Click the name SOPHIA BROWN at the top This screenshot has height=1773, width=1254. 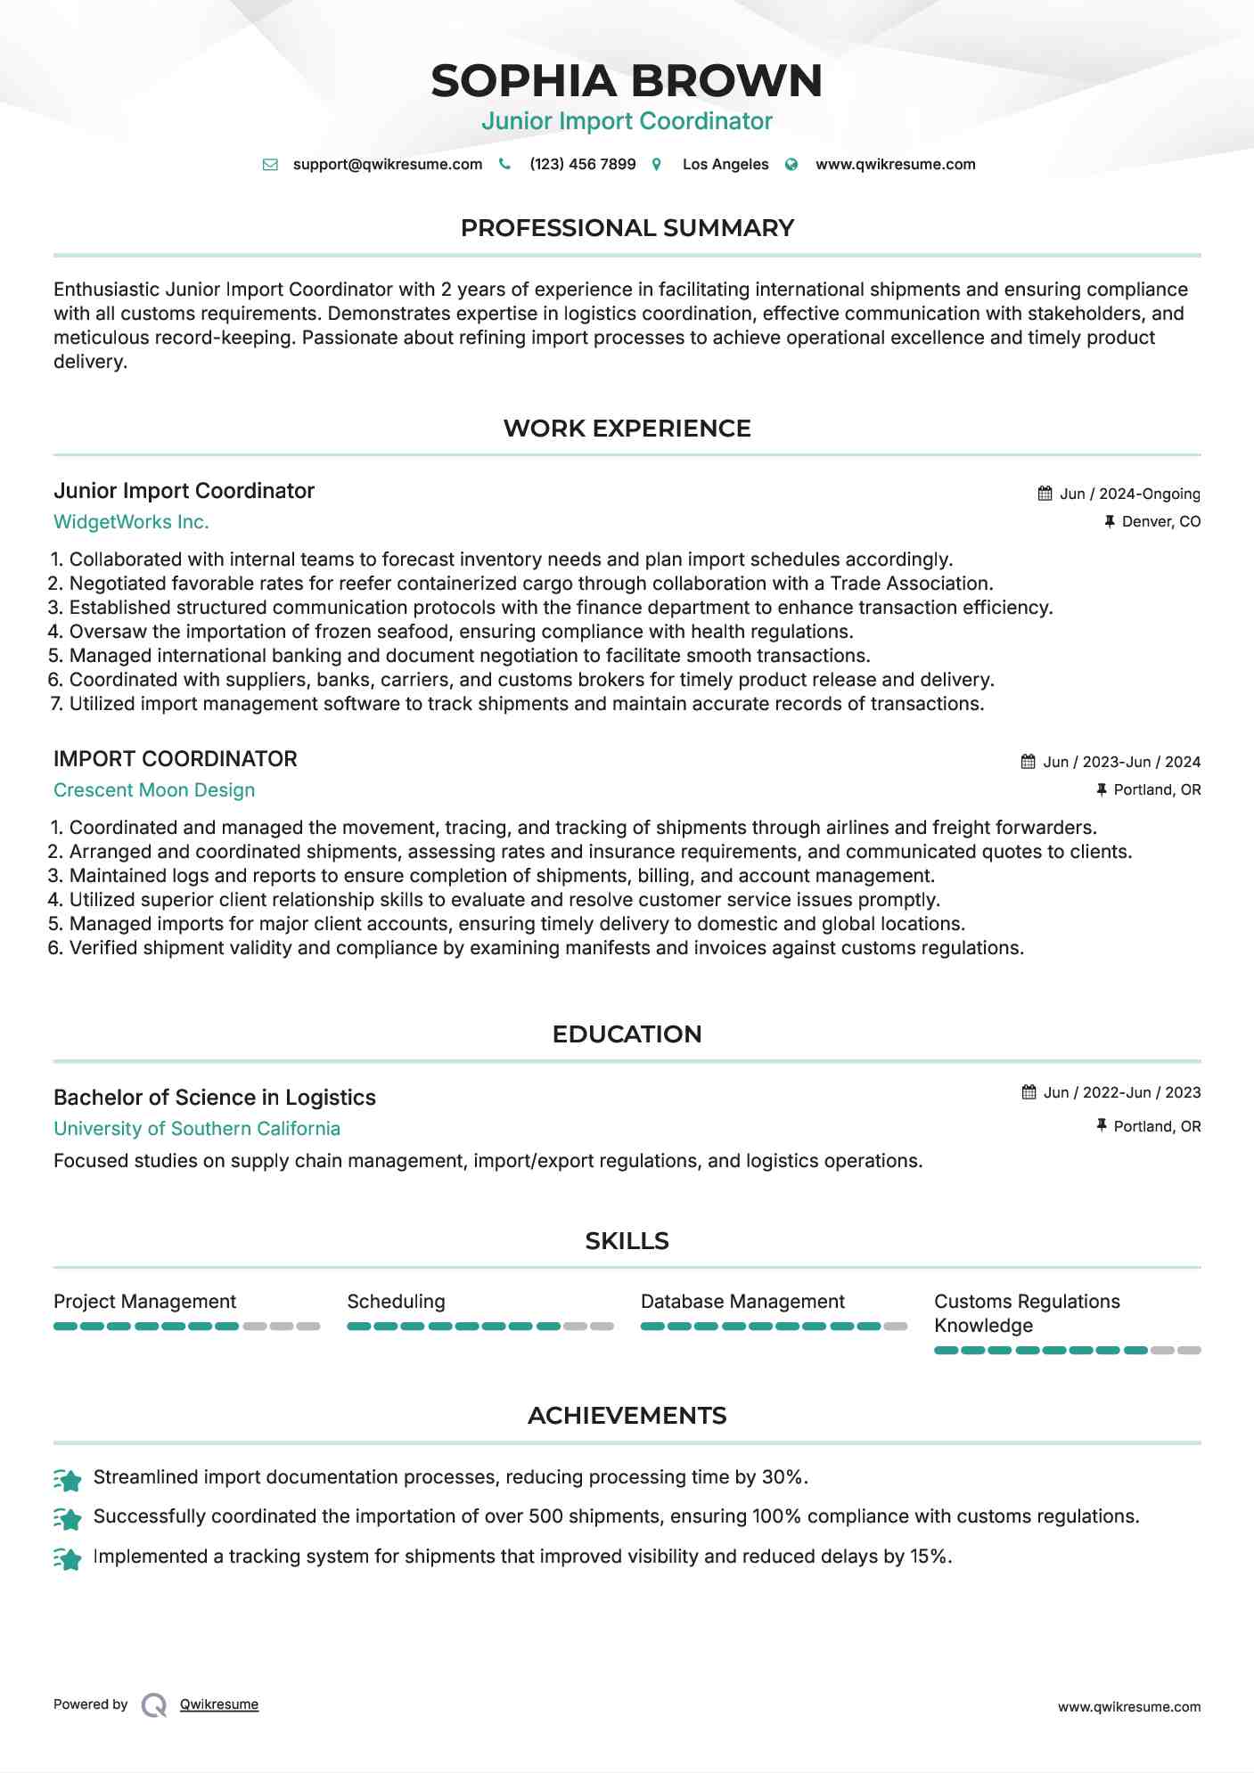pyautogui.click(x=627, y=80)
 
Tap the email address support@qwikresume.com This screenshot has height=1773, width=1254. pyautogui.click(x=387, y=164)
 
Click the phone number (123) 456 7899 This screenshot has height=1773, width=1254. pyautogui.click(x=582, y=164)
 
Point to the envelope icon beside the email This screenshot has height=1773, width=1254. pyautogui.click(x=270, y=165)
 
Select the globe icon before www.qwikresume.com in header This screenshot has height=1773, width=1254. pyautogui.click(x=791, y=165)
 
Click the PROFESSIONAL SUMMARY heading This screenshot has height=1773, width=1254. pyautogui.click(x=627, y=228)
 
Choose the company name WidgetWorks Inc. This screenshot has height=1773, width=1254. pyautogui.click(x=131, y=522)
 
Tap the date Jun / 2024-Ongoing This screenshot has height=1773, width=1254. pyautogui.click(x=1129, y=494)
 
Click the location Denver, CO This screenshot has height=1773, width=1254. pyautogui.click(x=1160, y=521)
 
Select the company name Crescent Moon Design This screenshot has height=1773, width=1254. pyautogui.click(x=154, y=790)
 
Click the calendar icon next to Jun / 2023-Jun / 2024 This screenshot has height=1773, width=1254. pyautogui.click(x=1028, y=762)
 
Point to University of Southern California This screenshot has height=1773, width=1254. pyautogui.click(x=197, y=1129)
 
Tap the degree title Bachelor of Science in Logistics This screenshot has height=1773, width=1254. pyautogui.click(x=215, y=1098)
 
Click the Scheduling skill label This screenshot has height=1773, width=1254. pyautogui.click(x=396, y=1302)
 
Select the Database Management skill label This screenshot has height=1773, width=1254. pyautogui.click(x=742, y=1302)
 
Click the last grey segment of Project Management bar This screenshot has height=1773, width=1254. pyautogui.click(x=308, y=1327)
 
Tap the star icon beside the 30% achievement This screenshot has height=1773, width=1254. pyautogui.click(x=68, y=1480)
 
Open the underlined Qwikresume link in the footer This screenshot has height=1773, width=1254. pyautogui.click(x=219, y=1704)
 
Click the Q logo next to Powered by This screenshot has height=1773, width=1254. pyautogui.click(x=154, y=1705)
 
